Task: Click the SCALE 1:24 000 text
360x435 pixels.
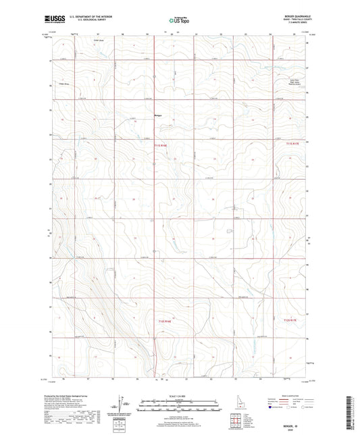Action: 179,396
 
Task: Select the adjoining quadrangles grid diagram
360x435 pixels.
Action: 234,419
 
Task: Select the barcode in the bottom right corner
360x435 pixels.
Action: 349,412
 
